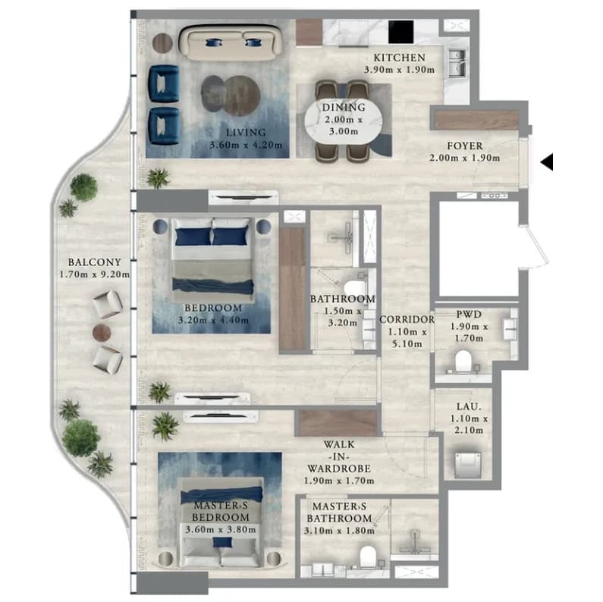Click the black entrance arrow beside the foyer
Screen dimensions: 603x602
click(548, 161)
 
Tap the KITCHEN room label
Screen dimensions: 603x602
click(400, 58)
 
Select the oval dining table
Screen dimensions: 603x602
click(344, 120)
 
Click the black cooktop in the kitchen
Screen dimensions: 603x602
click(400, 32)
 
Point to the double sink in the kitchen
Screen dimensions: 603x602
click(457, 64)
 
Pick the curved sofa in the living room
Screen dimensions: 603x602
click(231, 42)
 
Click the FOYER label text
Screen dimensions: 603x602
click(464, 146)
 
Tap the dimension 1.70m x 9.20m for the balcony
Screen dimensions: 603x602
click(95, 274)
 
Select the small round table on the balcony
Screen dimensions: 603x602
click(102, 332)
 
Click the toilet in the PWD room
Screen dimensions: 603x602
click(463, 361)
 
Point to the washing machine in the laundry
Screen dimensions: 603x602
click(468, 464)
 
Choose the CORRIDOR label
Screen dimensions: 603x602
click(407, 320)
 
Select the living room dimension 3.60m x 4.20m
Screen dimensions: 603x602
click(246, 146)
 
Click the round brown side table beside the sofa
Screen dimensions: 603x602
click(162, 42)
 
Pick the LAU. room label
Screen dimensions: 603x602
click(469, 406)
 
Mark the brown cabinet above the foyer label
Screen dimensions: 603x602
click(477, 119)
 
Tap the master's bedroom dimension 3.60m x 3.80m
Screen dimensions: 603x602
click(221, 530)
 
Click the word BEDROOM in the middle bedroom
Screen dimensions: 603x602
click(213, 308)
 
